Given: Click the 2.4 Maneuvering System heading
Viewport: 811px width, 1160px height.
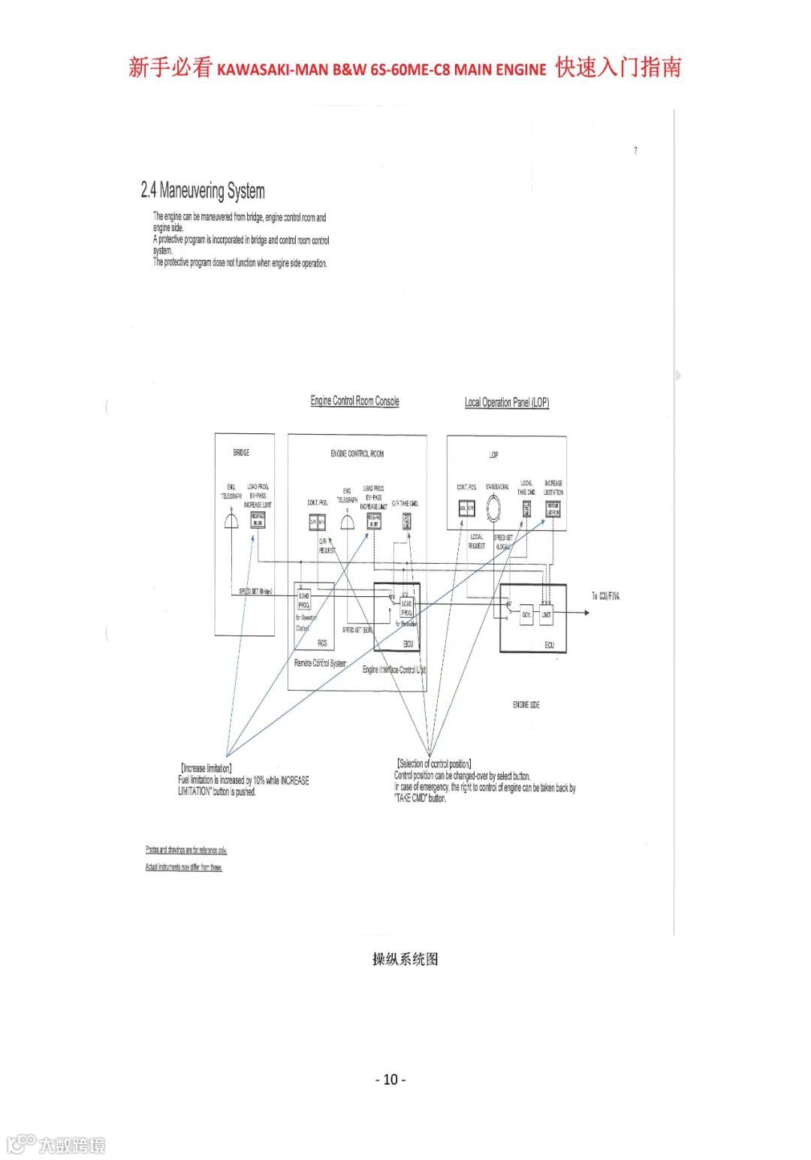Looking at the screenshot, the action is coord(203,191).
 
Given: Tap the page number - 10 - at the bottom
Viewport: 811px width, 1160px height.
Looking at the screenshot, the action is coord(390,1080).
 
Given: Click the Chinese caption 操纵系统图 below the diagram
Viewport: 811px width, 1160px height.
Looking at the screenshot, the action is coord(405,959).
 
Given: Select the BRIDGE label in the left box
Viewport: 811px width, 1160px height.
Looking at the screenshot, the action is coord(241,453).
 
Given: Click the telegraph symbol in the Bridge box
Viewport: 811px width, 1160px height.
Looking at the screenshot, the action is coord(231,520).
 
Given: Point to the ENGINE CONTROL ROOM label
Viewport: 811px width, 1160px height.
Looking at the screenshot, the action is coord(357,453).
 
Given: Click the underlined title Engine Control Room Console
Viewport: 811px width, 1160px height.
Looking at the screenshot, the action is coord(354,401).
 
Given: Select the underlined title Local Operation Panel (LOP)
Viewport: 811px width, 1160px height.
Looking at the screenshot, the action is coord(506,402).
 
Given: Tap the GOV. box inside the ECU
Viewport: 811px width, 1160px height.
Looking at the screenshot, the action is coord(526,614).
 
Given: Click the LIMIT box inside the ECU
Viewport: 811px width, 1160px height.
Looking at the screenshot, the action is coord(546,614).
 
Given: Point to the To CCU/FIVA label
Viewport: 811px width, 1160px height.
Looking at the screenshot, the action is coord(605,596).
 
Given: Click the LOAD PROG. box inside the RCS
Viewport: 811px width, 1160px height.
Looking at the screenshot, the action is coord(304,600).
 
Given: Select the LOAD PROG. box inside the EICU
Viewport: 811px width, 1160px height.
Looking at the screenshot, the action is coord(406,607).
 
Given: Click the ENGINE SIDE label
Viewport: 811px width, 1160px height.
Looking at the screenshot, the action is coord(526,705).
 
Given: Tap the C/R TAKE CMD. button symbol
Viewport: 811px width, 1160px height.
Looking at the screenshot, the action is coord(406,521).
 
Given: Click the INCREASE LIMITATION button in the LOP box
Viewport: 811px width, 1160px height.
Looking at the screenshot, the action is coord(553,509).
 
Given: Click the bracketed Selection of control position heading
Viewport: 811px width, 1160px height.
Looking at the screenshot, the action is coord(434,764).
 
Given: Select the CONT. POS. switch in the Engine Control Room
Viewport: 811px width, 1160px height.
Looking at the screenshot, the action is coord(318,522).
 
